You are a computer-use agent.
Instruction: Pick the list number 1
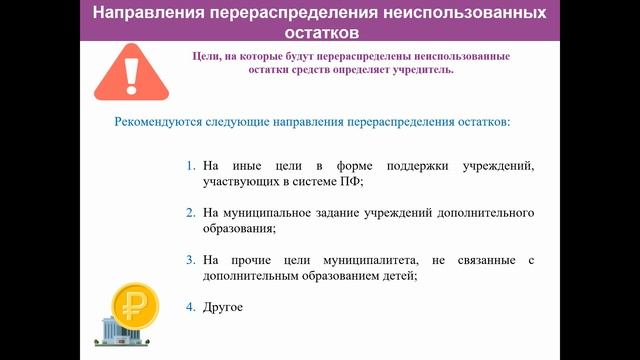pos(191,164)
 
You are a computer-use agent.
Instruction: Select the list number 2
pos(191,213)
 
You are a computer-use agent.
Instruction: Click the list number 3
pos(191,260)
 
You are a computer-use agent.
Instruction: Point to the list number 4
pos(191,306)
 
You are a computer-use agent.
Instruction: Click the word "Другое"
pos(222,306)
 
